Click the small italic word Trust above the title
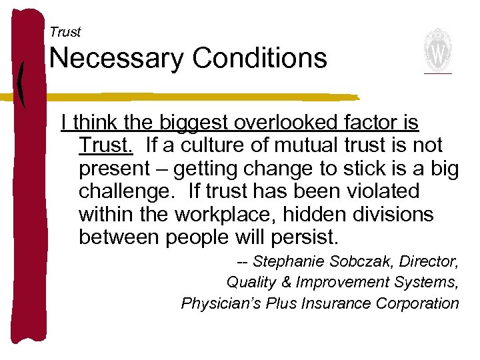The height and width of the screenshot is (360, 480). click(x=65, y=32)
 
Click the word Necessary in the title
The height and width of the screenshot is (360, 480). click(x=115, y=59)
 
